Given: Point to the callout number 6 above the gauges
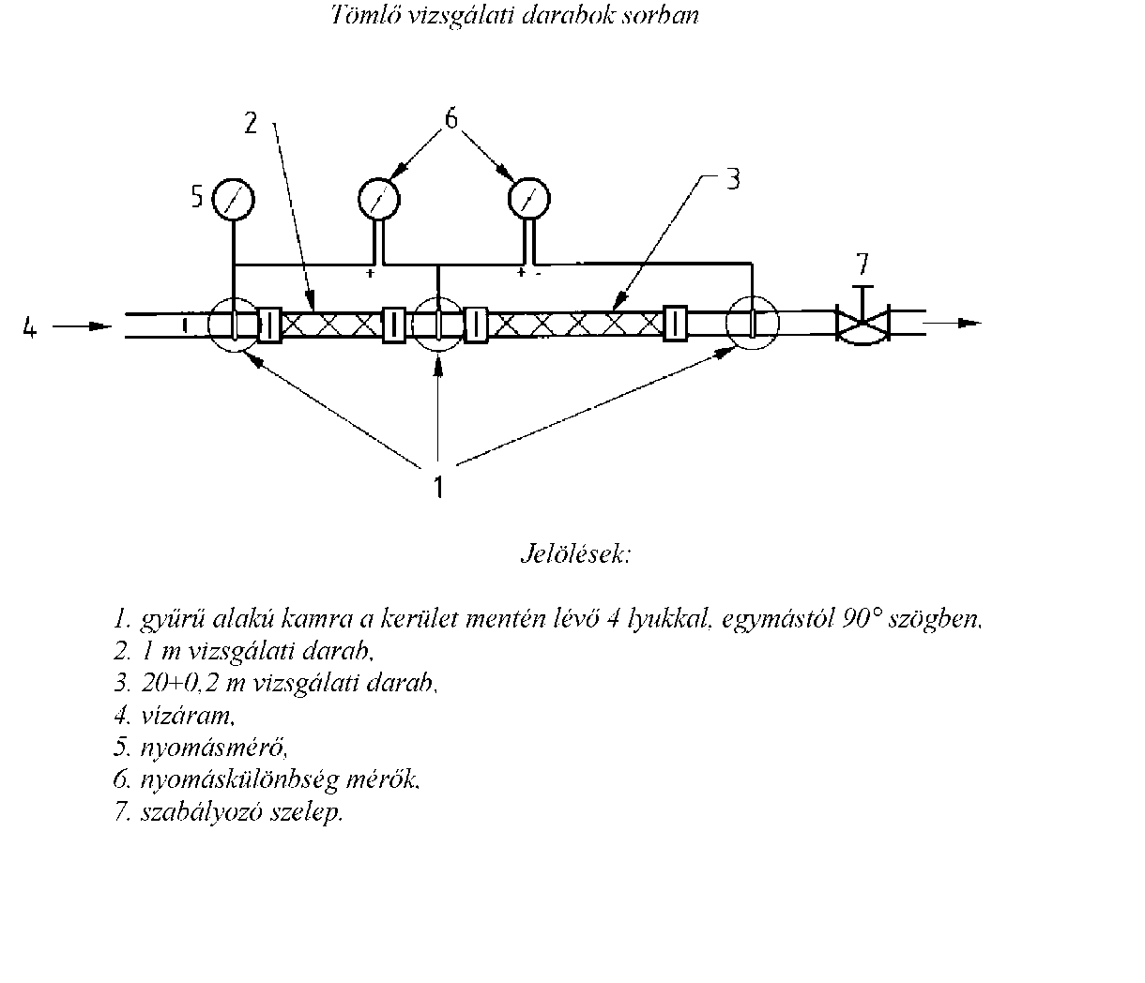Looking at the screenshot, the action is point(451,119).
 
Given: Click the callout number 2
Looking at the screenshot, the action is point(251,123).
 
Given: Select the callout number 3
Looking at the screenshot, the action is point(733,179).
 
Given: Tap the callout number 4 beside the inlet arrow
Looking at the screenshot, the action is point(30,326).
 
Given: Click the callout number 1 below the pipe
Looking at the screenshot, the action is point(438,487).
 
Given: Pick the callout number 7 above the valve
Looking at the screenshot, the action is point(863,264).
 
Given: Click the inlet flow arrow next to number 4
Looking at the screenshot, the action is point(83,326).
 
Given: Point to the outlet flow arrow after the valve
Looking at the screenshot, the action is point(953,323).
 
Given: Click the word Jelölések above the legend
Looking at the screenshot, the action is point(575,554).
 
